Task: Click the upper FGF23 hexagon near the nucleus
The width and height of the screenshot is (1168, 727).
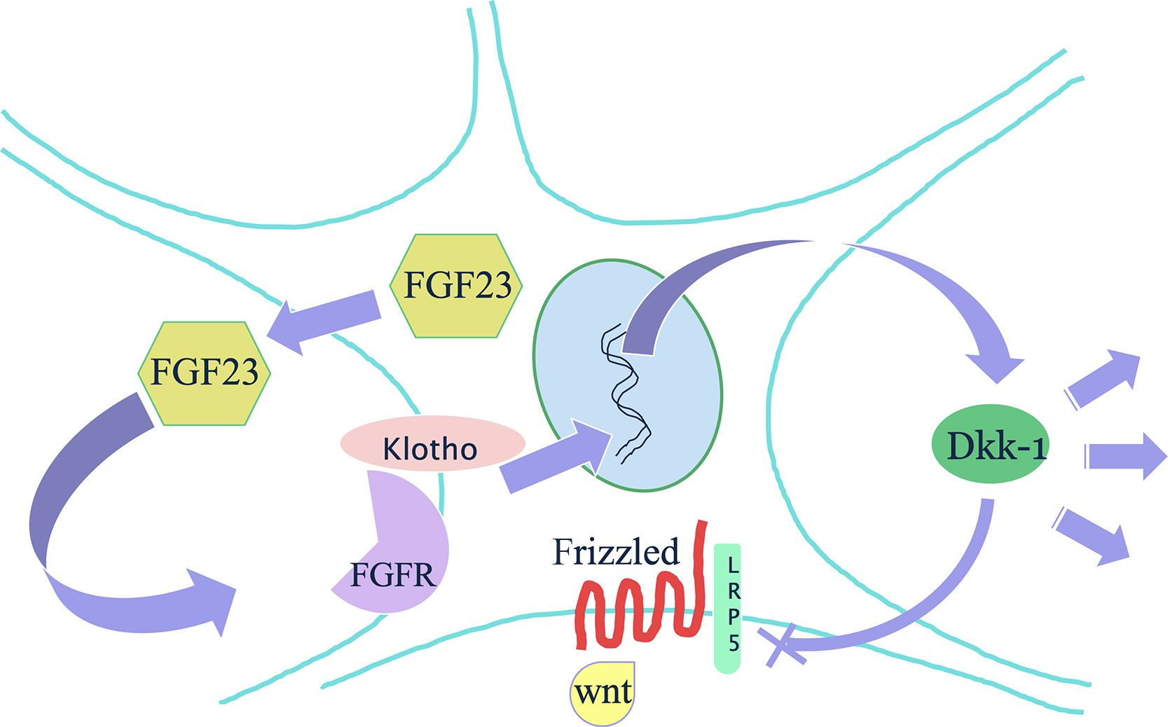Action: point(456,286)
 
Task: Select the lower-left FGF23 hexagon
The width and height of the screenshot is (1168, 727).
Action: point(204,373)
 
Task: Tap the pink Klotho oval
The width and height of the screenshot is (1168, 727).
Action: point(432,444)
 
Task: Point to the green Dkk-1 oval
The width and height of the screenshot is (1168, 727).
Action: point(990,444)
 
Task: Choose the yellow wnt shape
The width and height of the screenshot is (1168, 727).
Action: point(603,693)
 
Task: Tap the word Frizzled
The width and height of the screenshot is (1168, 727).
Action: point(616,552)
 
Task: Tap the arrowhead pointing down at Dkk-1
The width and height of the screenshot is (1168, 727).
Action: point(996,364)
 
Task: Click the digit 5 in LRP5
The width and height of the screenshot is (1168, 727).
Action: point(734,643)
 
